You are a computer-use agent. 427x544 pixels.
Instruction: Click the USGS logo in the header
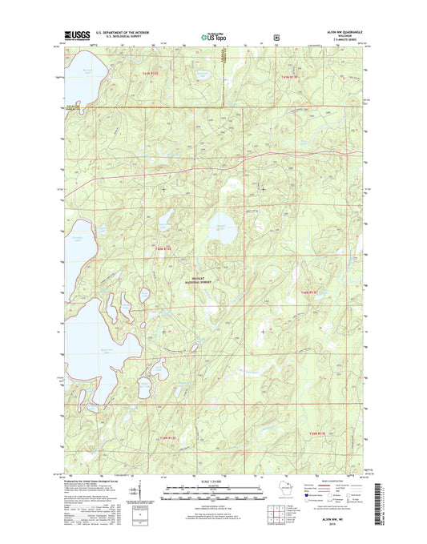tap(73, 35)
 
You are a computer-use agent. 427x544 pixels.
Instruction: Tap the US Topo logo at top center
tap(213, 35)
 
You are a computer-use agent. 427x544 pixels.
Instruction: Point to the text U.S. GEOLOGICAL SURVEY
tap(124, 37)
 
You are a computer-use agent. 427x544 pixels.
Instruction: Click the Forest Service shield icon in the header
tap(276, 36)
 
